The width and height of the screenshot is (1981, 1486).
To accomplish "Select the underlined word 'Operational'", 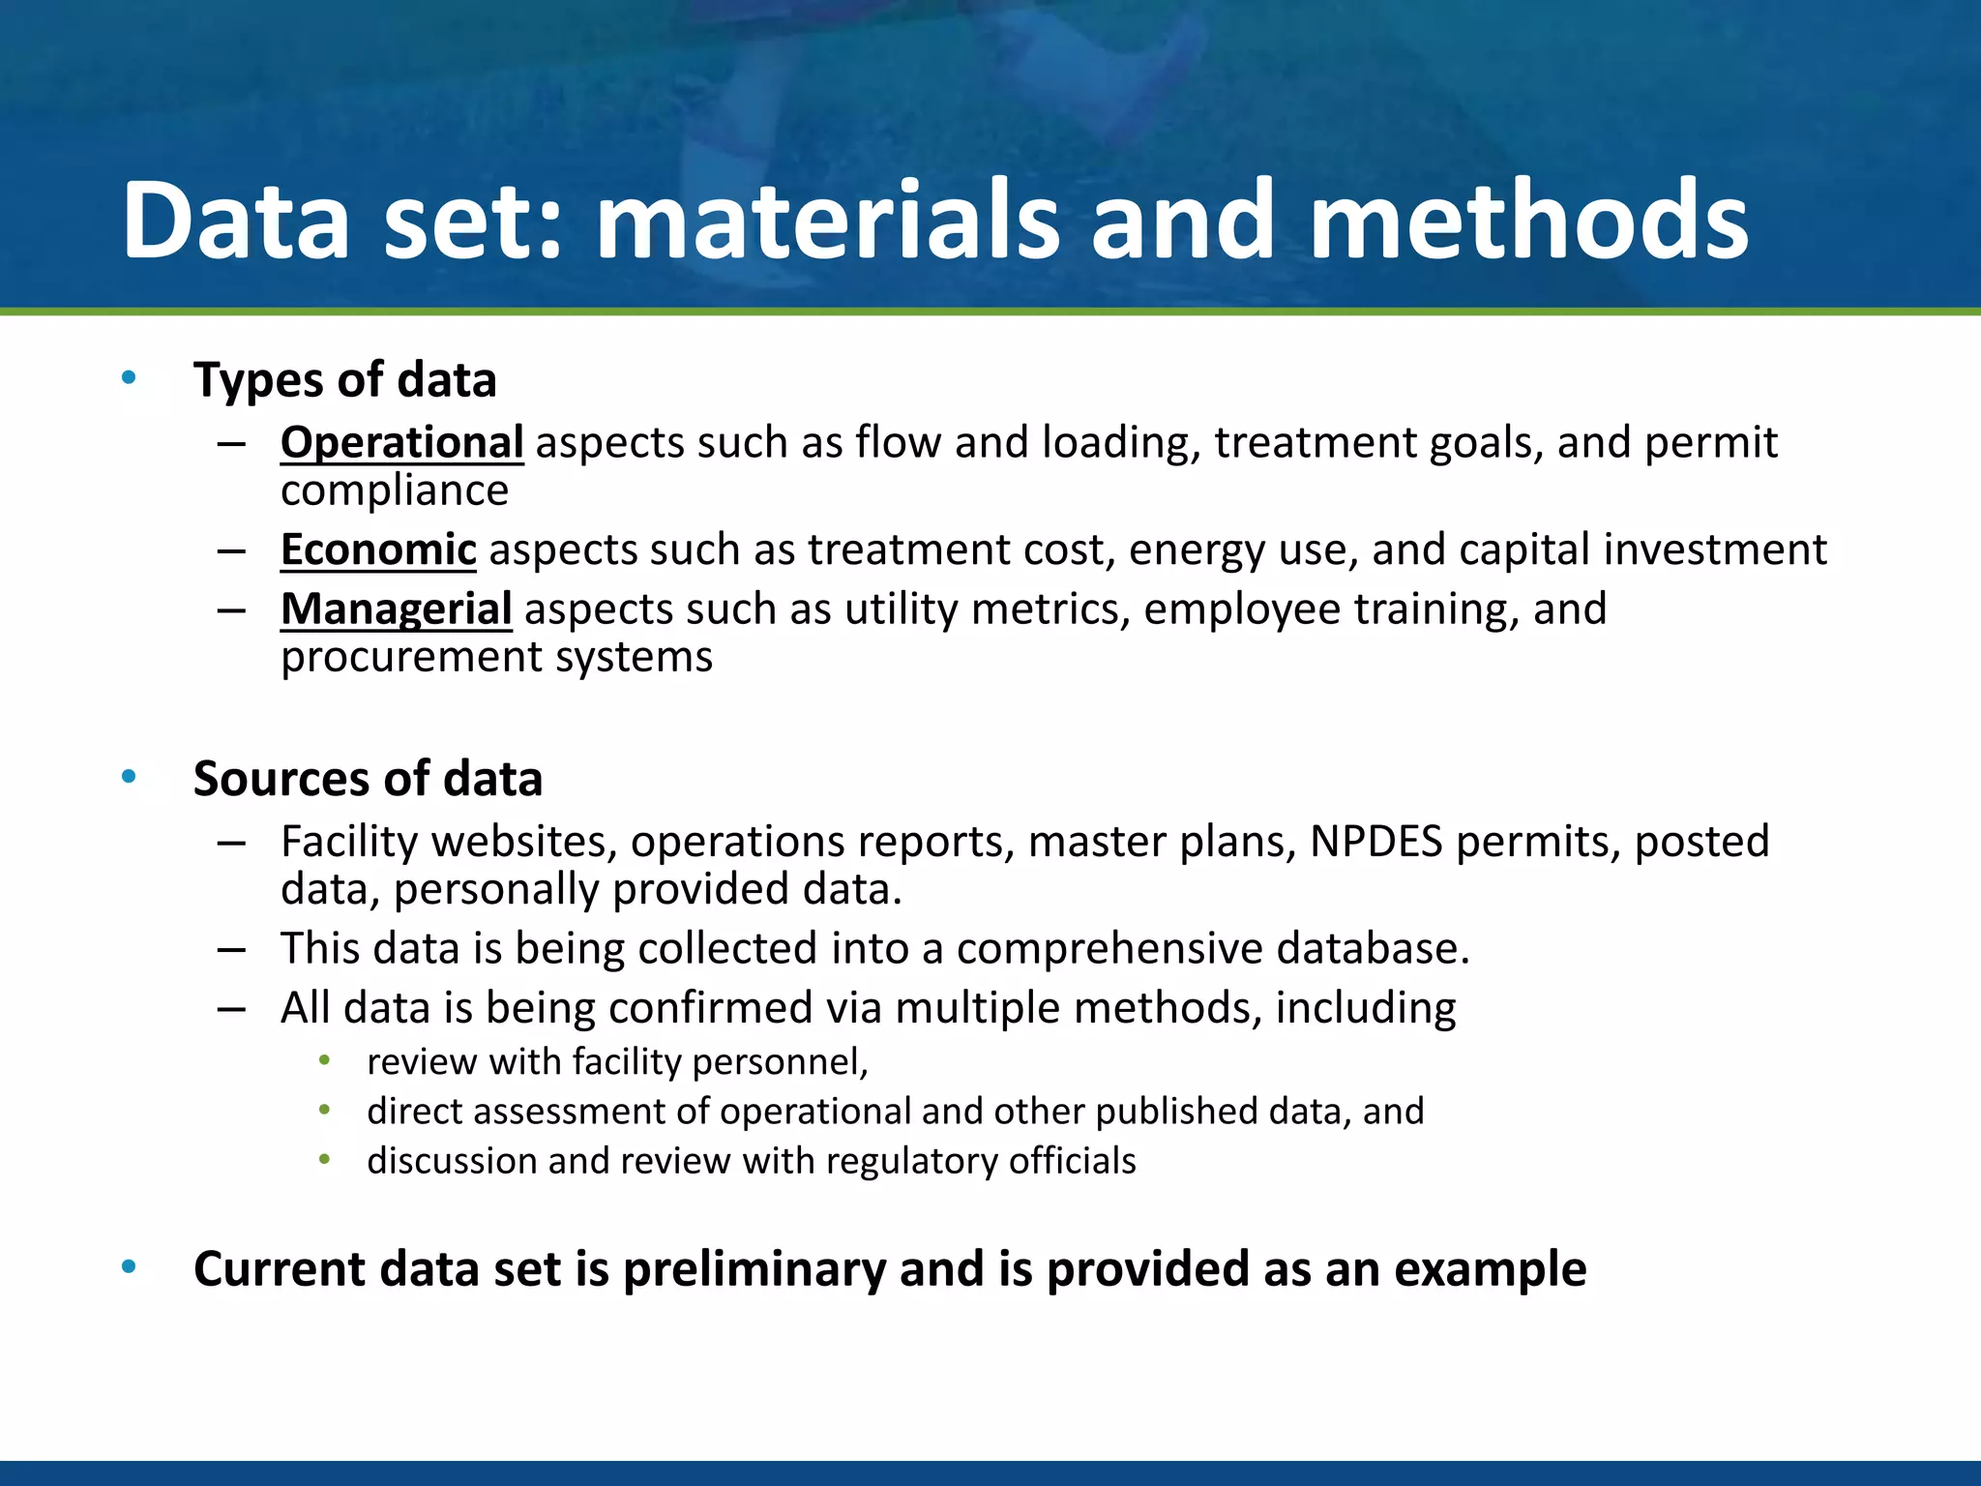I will (401, 443).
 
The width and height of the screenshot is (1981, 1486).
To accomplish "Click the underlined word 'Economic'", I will (378, 550).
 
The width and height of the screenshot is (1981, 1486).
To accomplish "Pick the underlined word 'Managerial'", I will (396, 609).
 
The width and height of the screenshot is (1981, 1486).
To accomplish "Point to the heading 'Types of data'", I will (344, 380).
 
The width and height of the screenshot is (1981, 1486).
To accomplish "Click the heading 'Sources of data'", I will (368, 779).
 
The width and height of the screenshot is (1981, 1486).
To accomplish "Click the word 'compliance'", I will (395, 490).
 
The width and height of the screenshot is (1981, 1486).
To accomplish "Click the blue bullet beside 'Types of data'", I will (129, 378).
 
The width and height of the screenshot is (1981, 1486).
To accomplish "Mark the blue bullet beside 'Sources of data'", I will (129, 777).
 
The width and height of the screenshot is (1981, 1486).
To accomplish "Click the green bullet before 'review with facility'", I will (325, 1061).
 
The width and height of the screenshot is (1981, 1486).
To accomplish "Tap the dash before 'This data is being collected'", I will (231, 949).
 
